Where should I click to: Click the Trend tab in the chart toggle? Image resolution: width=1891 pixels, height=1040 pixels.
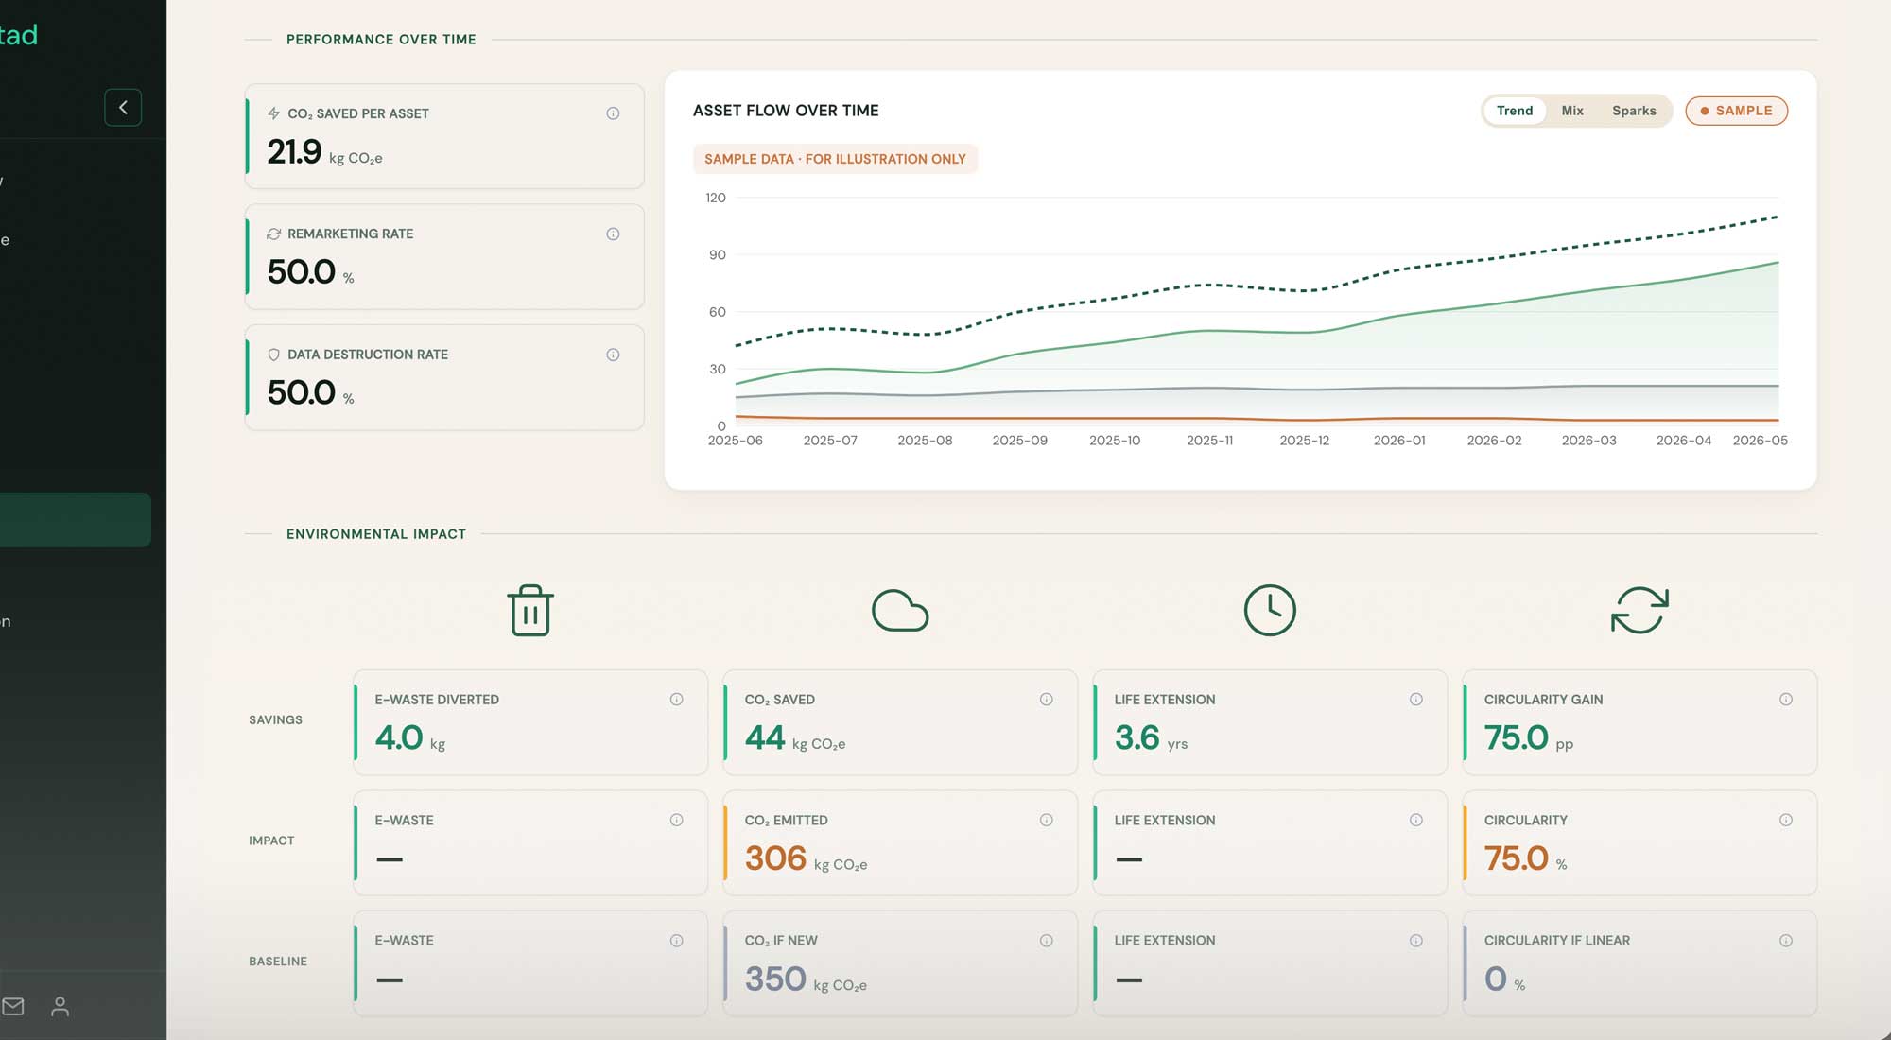coord(1514,111)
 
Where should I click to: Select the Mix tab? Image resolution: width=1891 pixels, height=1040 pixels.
coord(1572,111)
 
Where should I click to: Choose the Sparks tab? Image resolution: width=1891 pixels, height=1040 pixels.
coord(1634,111)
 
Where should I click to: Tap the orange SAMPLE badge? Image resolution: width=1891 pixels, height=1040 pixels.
coord(1736,111)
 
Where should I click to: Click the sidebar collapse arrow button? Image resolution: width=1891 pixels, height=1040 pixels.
coord(123,108)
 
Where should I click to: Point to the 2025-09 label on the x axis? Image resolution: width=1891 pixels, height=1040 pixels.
coord(1019,441)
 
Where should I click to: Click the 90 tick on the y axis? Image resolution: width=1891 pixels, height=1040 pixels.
coord(718,254)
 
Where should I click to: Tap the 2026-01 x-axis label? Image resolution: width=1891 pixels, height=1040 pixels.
coord(1399,441)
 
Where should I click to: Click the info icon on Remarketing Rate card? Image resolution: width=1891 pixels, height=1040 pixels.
coord(613,234)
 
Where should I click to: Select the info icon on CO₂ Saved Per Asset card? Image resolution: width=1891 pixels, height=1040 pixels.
coord(613,113)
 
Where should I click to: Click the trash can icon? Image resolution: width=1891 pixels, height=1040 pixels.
coord(530,610)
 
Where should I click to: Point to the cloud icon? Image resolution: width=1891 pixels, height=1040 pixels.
coord(900,611)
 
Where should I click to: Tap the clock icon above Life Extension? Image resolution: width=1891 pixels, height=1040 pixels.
coord(1270,610)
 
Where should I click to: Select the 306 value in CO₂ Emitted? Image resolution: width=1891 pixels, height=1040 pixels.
coord(775,858)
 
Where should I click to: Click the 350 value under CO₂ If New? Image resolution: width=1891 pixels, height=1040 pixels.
coord(775,979)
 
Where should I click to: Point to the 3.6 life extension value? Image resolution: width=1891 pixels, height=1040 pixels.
coord(1136,737)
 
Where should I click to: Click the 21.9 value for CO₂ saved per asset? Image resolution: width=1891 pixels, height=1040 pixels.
coord(294,151)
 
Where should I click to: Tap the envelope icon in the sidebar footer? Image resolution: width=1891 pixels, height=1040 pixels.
coord(13,1006)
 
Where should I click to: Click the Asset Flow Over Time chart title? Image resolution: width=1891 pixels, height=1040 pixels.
coord(786,111)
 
